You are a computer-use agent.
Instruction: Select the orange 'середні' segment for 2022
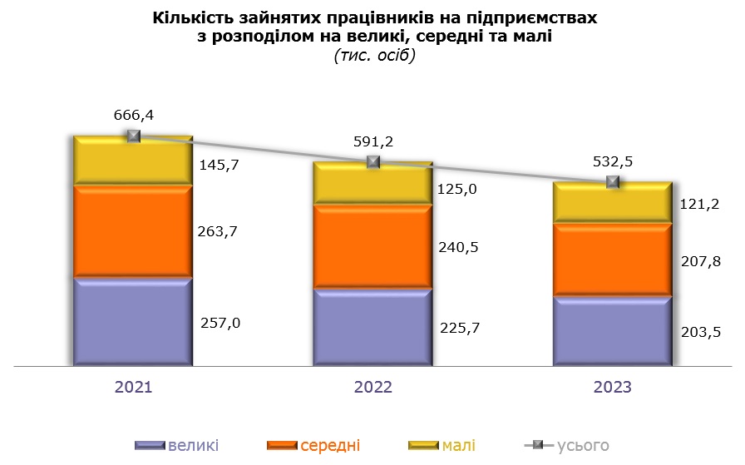372,247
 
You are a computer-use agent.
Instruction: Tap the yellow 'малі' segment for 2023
613,203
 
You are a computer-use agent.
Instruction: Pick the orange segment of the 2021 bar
133,231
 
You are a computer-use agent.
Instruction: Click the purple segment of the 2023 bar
613,331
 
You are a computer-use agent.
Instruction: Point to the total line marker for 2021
134,136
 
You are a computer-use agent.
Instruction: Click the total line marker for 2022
373,161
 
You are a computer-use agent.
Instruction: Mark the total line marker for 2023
614,181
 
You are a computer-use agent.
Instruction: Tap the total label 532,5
614,161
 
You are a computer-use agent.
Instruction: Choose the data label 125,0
458,190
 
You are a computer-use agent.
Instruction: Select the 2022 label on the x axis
372,388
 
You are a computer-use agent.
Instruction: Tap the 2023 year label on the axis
613,388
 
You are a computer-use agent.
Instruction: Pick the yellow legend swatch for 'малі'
422,446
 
